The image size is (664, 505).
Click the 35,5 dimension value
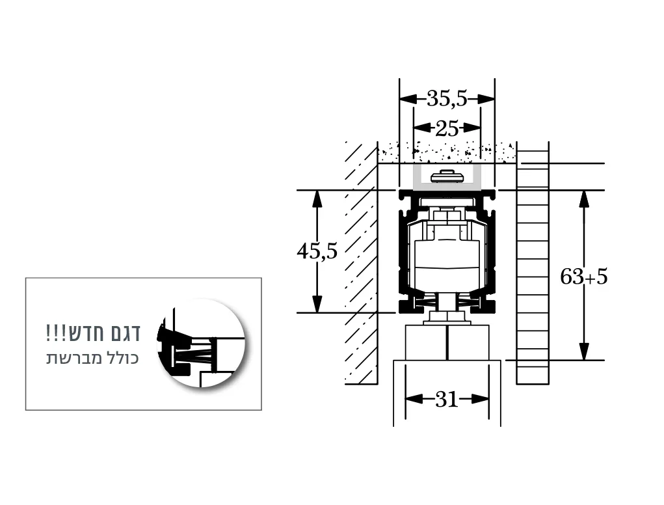[x=447, y=99]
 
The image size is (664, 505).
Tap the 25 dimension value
[x=447, y=128]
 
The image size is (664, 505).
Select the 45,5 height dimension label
[x=317, y=251]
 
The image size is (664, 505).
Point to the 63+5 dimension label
[x=584, y=277]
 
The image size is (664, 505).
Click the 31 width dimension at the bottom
[x=447, y=400]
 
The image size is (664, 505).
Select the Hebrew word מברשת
[x=72, y=359]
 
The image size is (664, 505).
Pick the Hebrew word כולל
[x=122, y=359]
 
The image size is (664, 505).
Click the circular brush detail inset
[x=202, y=343]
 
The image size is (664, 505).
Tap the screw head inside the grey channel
[x=447, y=175]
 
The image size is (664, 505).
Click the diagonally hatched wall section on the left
[x=361, y=260]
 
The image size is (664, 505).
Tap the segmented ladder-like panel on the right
[x=533, y=273]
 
